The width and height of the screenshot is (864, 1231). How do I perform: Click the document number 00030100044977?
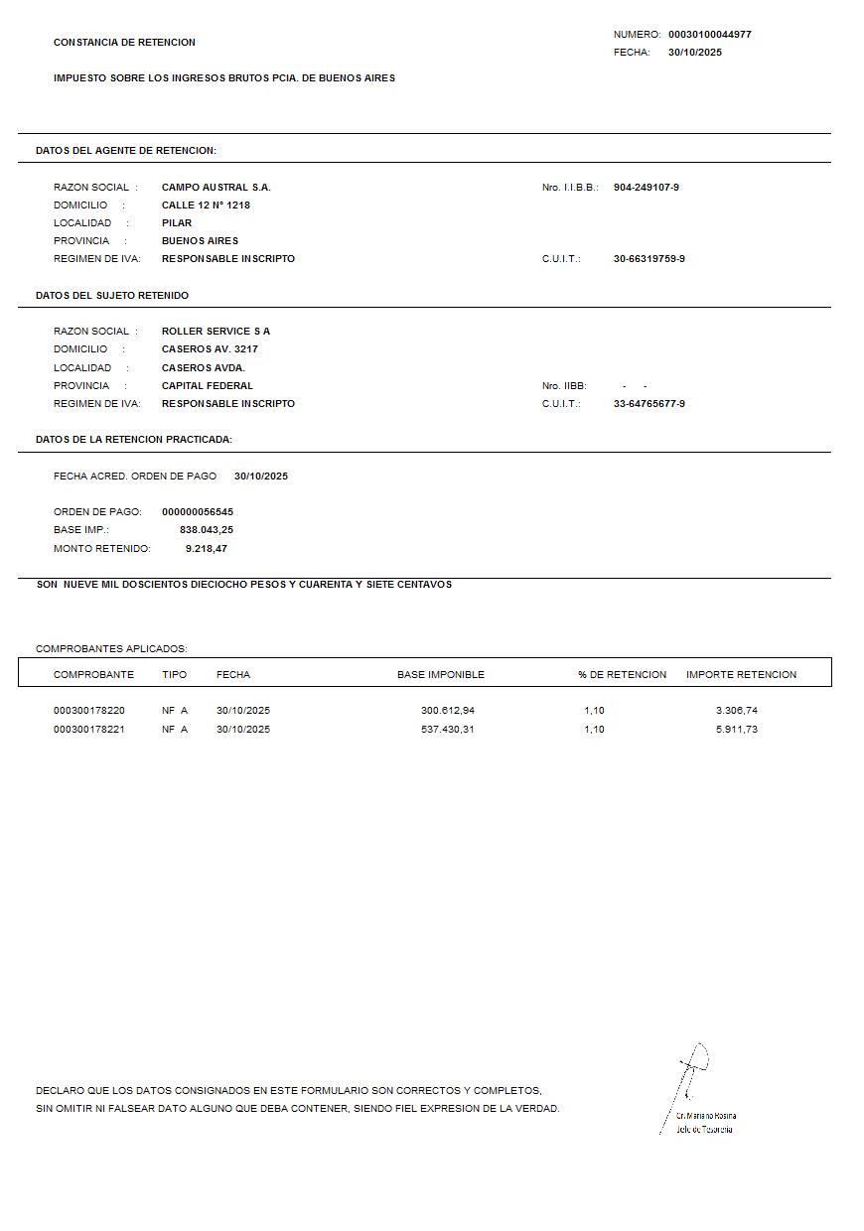point(709,35)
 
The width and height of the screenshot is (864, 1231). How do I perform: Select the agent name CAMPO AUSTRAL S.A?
point(216,188)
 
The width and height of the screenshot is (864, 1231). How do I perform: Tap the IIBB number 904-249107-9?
point(646,188)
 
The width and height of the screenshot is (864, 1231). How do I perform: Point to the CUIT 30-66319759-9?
point(648,259)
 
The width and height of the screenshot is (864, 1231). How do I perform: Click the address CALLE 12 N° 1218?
point(206,205)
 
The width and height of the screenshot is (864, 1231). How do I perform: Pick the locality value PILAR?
point(177,223)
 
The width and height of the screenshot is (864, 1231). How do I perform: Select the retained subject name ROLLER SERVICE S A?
point(216,332)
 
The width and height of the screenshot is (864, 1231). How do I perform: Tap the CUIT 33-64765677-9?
point(648,404)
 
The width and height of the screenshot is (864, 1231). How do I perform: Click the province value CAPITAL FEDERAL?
point(207,386)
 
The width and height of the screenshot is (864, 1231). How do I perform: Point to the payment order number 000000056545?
point(197,512)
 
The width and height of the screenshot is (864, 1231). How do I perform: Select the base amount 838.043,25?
point(206,530)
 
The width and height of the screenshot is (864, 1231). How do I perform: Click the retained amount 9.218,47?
point(206,549)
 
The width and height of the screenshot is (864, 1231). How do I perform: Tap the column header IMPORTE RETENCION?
point(741,675)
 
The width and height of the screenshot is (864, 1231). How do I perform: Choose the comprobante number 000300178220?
point(89,711)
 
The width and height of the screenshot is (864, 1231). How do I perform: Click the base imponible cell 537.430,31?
point(447,730)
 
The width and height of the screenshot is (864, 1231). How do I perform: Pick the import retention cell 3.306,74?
point(736,711)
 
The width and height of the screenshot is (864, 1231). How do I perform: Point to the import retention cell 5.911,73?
point(736,730)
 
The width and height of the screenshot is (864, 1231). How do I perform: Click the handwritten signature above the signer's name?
point(692,1072)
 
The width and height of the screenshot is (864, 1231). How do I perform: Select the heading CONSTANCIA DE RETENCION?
point(124,43)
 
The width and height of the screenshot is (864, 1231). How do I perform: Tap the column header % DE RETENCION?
point(622,675)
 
